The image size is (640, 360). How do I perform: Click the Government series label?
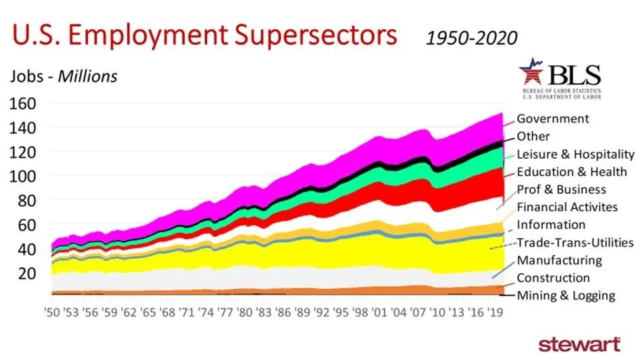tap(553, 119)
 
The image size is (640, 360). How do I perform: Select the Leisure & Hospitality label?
tap(575, 154)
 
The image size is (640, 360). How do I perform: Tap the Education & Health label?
tap(572, 171)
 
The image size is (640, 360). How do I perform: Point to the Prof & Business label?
tap(561, 189)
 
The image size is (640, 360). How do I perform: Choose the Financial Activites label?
tap(567, 207)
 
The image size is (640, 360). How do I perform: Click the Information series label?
tap(551, 225)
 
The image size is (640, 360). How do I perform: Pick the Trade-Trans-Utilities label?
tap(575, 243)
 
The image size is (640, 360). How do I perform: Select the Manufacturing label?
tap(559, 260)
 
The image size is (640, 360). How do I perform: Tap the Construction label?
tap(553, 278)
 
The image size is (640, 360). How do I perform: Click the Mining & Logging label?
tap(566, 295)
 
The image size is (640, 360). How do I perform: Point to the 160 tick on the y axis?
tap(23, 103)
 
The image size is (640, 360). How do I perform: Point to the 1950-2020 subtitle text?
tap(471, 38)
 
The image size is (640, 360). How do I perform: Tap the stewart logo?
tap(579, 344)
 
